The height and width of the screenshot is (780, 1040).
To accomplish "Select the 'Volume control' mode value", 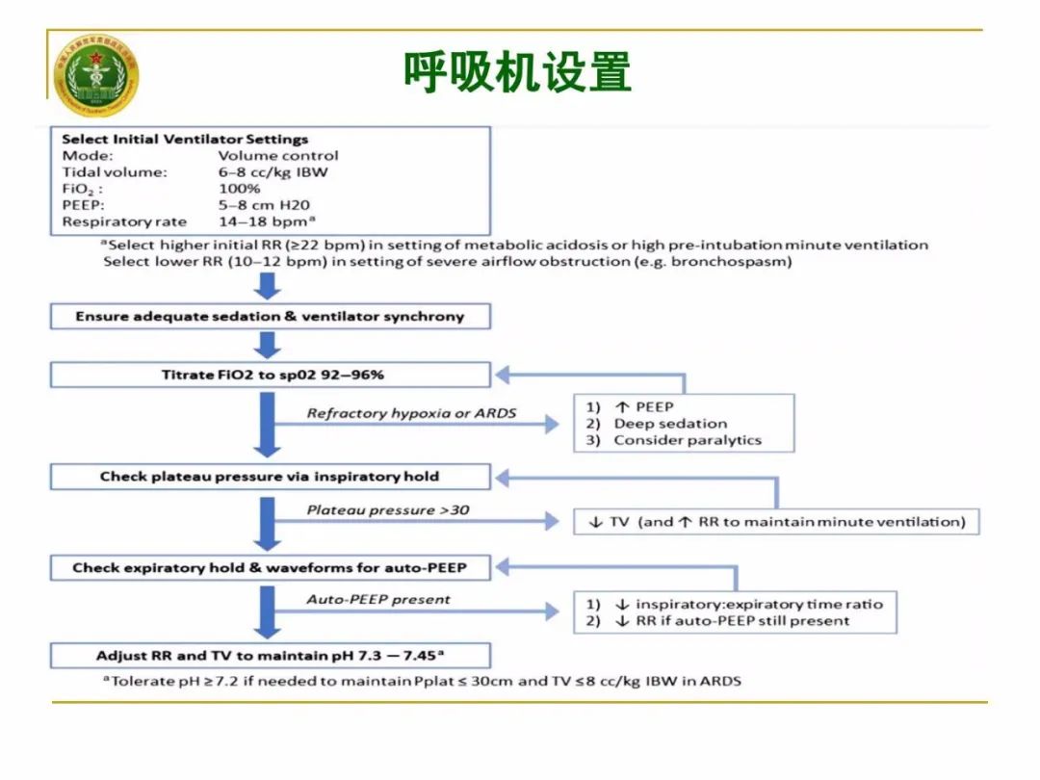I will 278,155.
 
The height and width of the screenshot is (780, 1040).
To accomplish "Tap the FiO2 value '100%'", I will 240,188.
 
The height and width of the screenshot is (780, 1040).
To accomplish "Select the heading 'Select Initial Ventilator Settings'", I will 185,139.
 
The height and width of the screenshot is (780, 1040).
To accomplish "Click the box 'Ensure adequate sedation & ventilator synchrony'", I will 270,316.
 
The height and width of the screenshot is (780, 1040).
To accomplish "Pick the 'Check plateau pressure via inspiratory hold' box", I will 270,476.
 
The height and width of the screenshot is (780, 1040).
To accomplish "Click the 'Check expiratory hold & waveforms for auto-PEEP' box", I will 270,567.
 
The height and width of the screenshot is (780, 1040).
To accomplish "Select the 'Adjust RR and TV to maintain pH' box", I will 270,656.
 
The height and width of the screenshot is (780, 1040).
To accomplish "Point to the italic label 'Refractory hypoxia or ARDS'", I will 411,413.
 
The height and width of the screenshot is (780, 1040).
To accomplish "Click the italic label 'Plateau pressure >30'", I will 388,508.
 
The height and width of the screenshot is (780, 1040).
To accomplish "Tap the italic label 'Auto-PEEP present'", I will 378,599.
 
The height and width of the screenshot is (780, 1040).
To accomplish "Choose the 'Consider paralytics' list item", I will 687,440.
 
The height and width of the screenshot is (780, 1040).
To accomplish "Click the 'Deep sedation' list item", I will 670,423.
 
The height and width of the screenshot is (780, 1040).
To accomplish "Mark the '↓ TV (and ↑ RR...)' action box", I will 775,522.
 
